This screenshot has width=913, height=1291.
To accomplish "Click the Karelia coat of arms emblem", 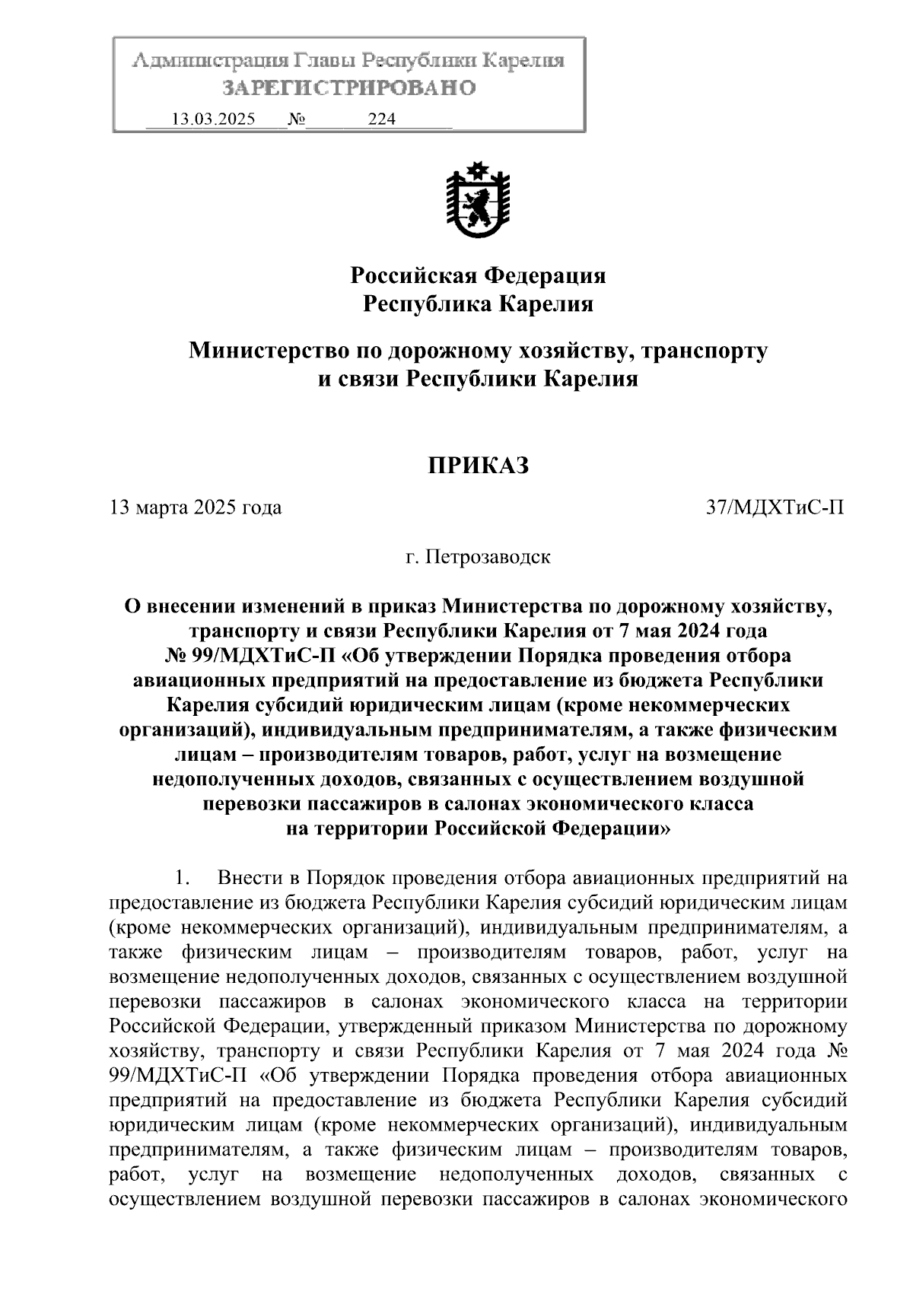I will click(478, 201).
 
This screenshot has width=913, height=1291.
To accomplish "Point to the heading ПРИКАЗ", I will click(478, 466).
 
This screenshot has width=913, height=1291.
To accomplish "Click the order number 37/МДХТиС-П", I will click(775, 507).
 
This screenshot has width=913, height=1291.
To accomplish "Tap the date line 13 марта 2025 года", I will click(196, 507).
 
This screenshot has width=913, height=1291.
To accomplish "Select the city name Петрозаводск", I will click(488, 557).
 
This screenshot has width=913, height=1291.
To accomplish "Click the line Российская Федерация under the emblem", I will click(478, 275).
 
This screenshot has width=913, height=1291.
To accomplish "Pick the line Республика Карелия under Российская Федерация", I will click(478, 304).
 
